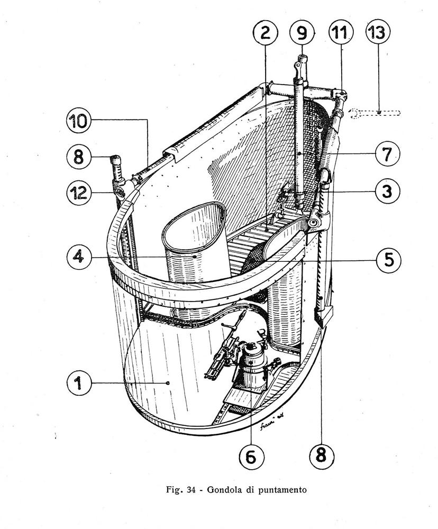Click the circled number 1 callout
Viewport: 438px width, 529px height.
click(79, 383)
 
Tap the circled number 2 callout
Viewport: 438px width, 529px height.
click(266, 33)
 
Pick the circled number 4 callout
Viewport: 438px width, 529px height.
click(79, 258)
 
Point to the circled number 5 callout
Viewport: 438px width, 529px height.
click(388, 260)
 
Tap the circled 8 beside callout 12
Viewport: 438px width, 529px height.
click(79, 157)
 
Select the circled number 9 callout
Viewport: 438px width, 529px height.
click(302, 33)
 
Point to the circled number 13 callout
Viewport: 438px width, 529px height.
click(378, 33)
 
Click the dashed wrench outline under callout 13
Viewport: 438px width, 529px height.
click(375, 113)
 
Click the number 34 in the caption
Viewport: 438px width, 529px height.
click(190, 489)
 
